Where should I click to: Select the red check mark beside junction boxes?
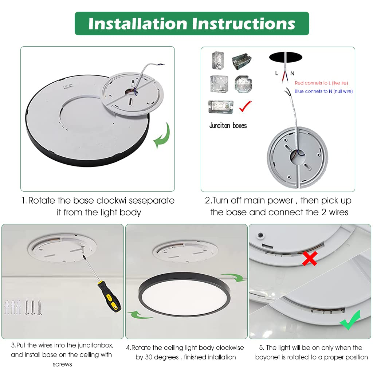coord(245,106)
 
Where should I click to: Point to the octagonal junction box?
coord(243,84)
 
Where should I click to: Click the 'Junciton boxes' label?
coord(228,126)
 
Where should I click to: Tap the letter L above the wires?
coord(276,73)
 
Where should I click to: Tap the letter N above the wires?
coord(292,73)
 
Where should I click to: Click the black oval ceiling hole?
coord(286,57)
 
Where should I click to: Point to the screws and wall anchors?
coord(23,307)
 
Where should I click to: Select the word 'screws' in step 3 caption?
coord(62,364)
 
